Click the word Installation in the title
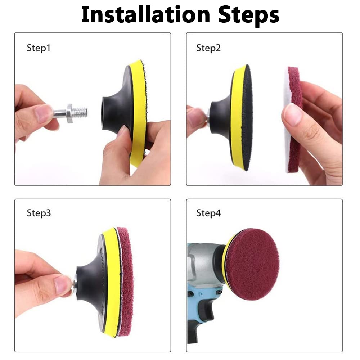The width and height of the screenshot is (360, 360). click(146, 14)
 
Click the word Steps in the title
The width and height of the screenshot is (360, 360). click(248, 15)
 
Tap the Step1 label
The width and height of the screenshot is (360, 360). click(39, 48)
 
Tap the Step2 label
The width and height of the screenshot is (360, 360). click(208, 48)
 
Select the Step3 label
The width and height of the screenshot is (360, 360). click(39, 213)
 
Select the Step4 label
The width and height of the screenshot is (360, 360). click(208, 213)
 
